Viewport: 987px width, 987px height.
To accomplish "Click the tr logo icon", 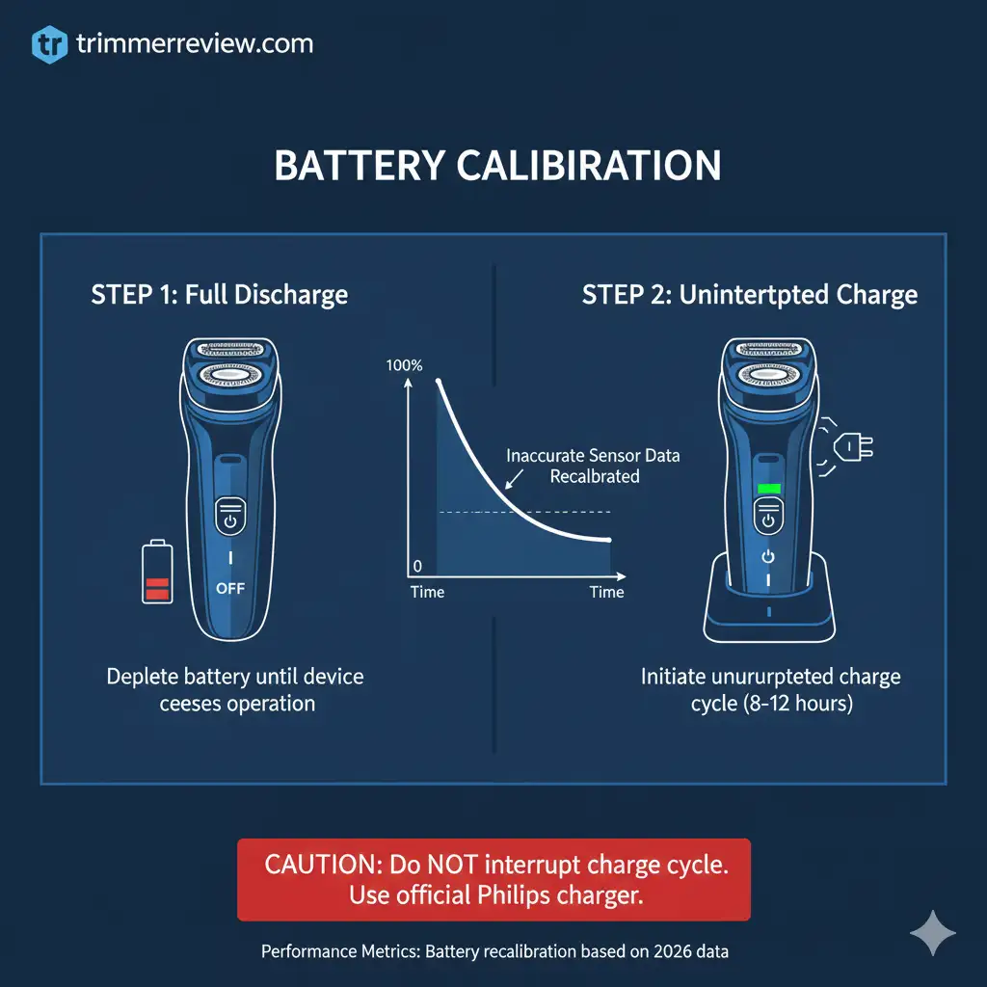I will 48,45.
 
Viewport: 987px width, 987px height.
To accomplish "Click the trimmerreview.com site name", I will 194,44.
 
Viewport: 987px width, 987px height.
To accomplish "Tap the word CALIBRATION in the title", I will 588,166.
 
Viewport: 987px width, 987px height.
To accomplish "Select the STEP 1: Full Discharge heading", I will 220,294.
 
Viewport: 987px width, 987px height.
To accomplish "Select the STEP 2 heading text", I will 750,294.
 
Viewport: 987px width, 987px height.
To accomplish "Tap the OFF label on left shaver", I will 229,588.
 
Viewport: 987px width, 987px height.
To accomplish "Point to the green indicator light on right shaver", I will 768,489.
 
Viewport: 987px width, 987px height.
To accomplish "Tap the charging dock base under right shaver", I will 767,617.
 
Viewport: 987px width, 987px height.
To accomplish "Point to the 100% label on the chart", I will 403,365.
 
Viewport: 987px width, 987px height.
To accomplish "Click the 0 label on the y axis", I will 416,566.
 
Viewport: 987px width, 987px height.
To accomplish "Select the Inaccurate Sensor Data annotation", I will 593,456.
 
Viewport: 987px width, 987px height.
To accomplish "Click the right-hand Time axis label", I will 607,592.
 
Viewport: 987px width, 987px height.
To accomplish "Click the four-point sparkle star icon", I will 932,933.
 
